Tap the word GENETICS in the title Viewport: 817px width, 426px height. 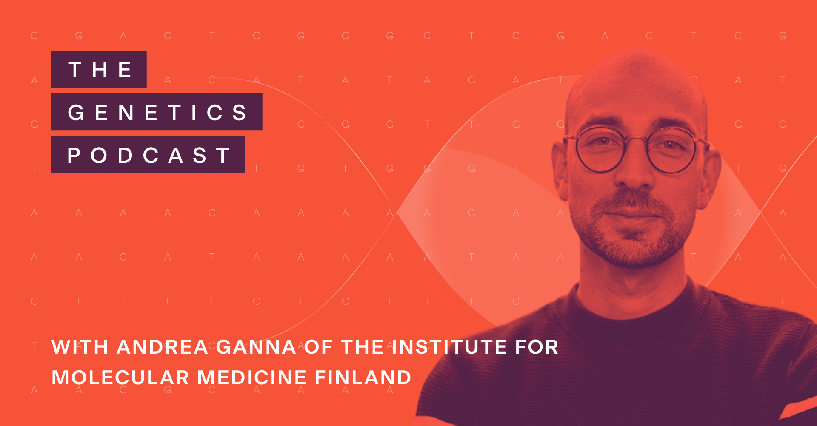157,112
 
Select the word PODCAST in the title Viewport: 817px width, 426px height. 149,155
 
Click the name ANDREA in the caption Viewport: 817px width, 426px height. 162,347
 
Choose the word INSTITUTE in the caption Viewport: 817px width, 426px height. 449,347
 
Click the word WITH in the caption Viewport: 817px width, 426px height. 80,347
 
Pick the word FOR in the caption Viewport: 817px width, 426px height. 537,347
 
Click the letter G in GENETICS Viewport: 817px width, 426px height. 76,112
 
